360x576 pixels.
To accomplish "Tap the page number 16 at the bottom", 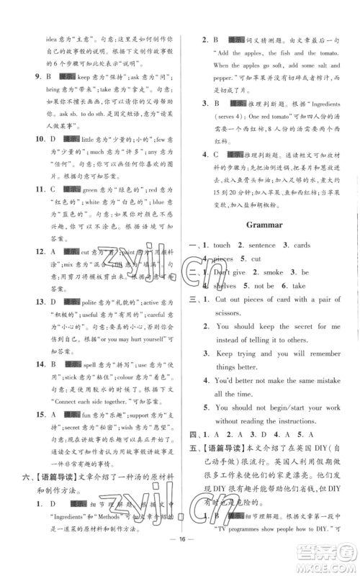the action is click(x=179, y=557).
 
